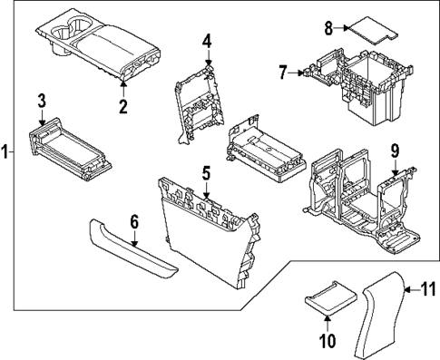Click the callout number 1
point(5,152)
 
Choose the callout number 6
point(134,220)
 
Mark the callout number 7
point(283,71)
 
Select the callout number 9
point(395,150)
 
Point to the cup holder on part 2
point(68,33)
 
